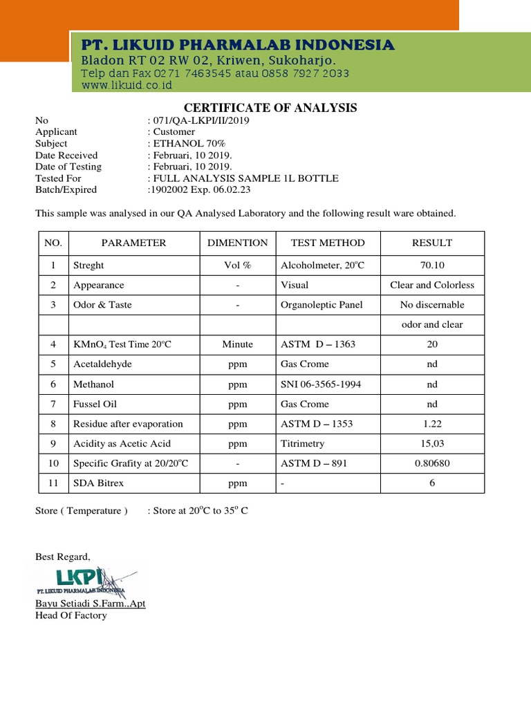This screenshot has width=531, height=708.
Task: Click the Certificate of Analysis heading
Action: point(270,108)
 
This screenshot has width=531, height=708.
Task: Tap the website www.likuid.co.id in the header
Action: point(127,86)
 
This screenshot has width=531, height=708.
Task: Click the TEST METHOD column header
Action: point(328,243)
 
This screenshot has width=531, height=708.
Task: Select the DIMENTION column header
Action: point(238,243)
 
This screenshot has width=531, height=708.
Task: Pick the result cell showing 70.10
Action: point(432,265)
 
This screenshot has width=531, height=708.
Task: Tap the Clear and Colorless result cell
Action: point(432,285)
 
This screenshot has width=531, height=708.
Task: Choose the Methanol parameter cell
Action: point(93,384)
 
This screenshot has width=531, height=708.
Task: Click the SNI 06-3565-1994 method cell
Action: point(321,384)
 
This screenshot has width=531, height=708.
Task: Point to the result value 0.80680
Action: point(432,463)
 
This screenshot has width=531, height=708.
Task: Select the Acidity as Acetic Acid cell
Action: point(122,443)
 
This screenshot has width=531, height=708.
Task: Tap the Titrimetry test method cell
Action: point(302,443)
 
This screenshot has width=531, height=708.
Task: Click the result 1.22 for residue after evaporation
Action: point(432,424)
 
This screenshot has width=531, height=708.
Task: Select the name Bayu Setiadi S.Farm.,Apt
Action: point(91,604)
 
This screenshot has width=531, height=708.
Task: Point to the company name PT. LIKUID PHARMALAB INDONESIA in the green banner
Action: point(238,46)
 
